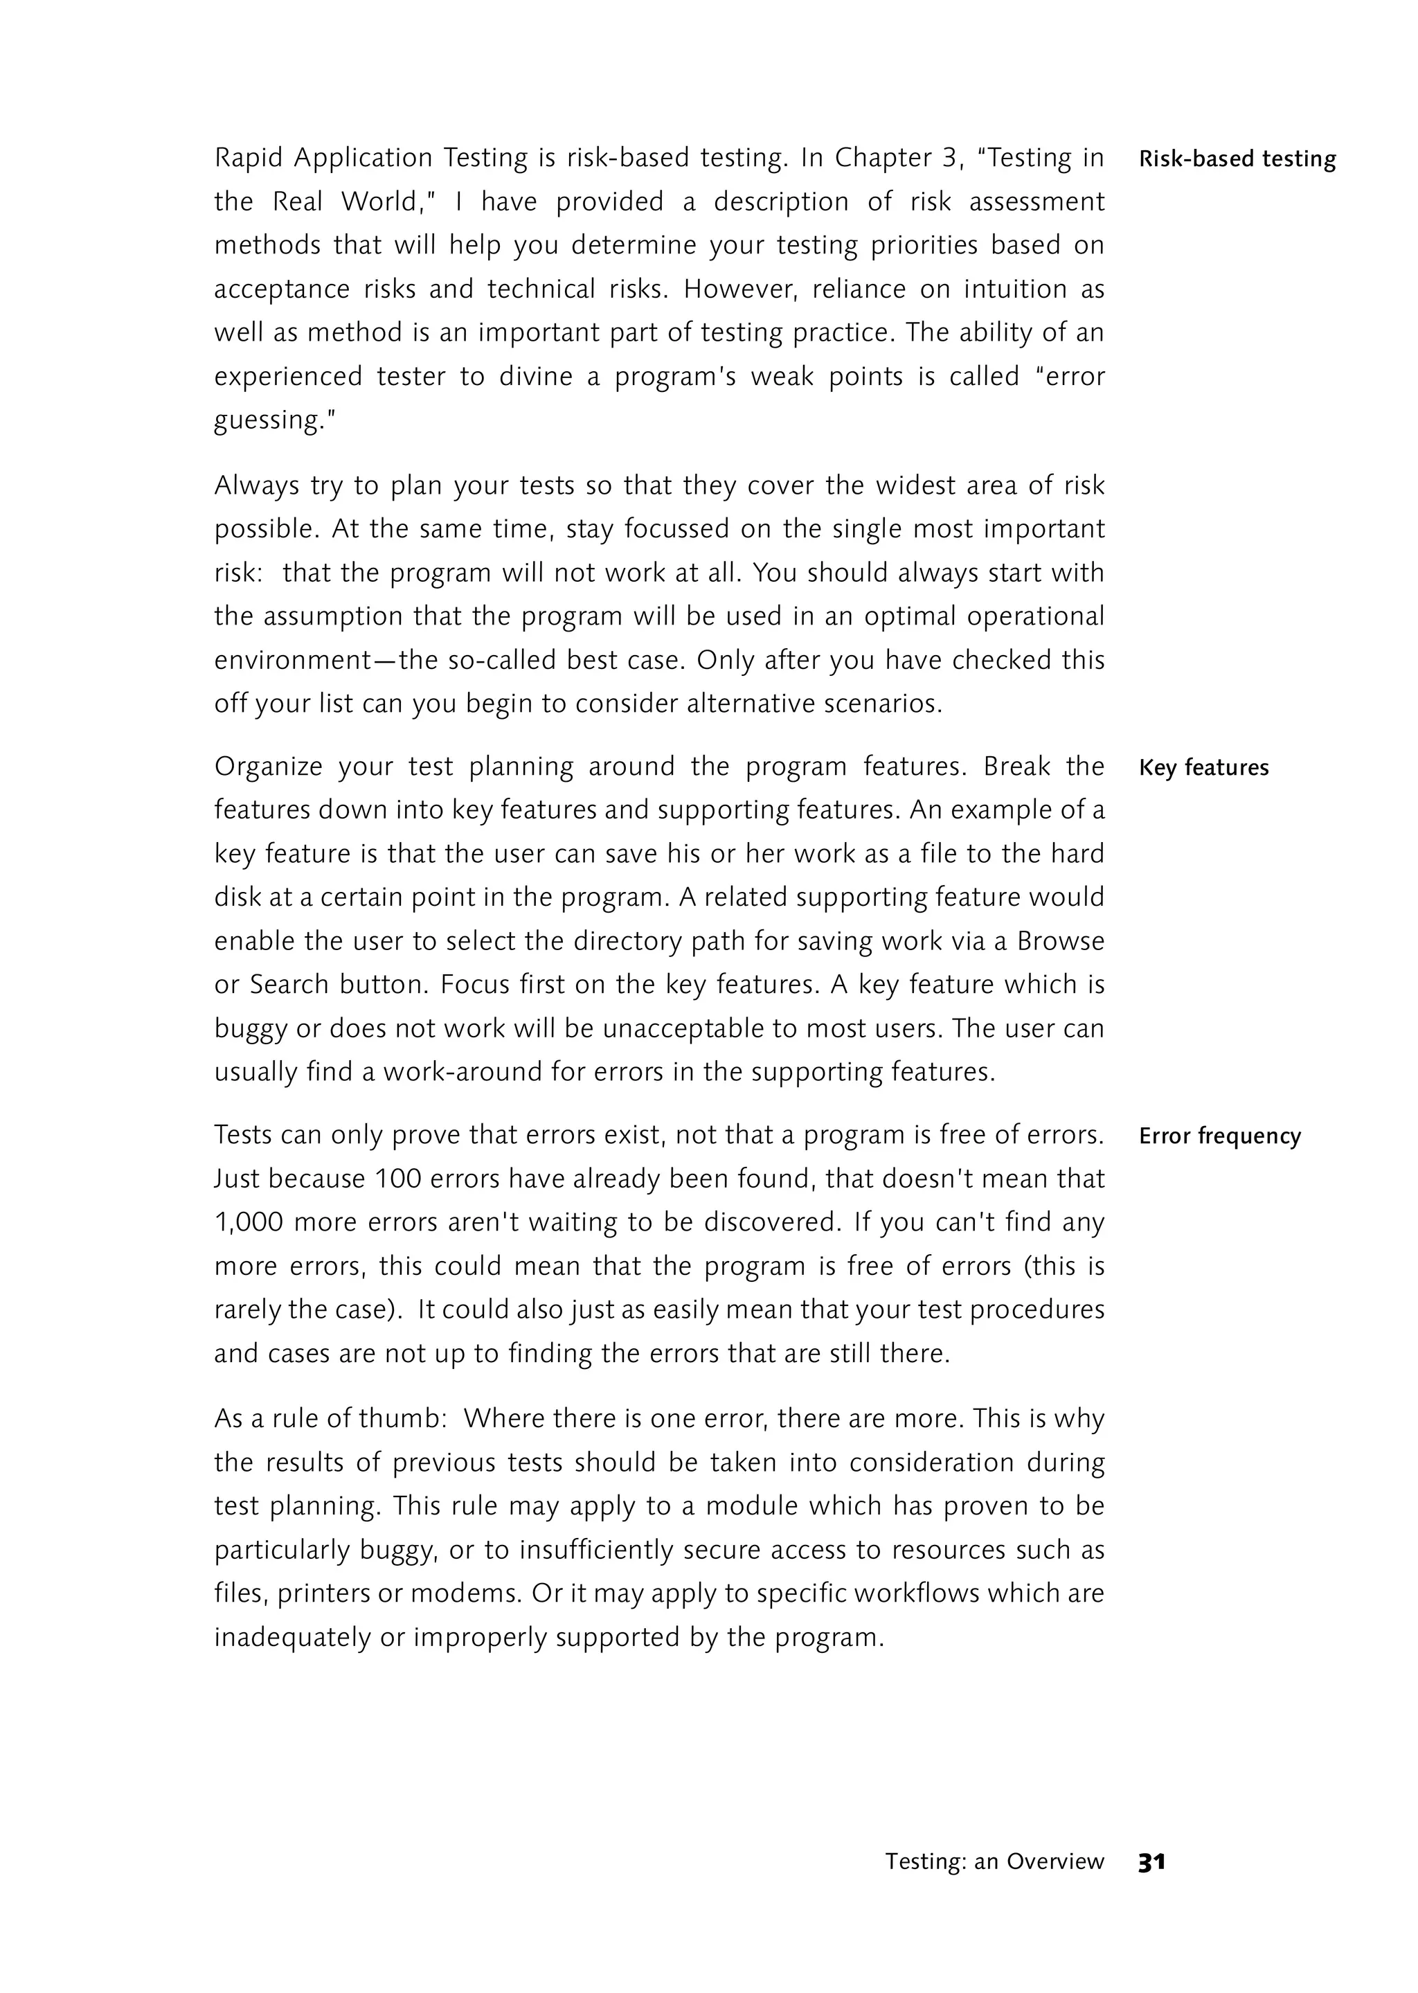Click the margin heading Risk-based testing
pyautogui.click(x=1237, y=159)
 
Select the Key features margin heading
pyautogui.click(x=1204, y=768)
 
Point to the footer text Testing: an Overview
pyautogui.click(x=994, y=1862)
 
